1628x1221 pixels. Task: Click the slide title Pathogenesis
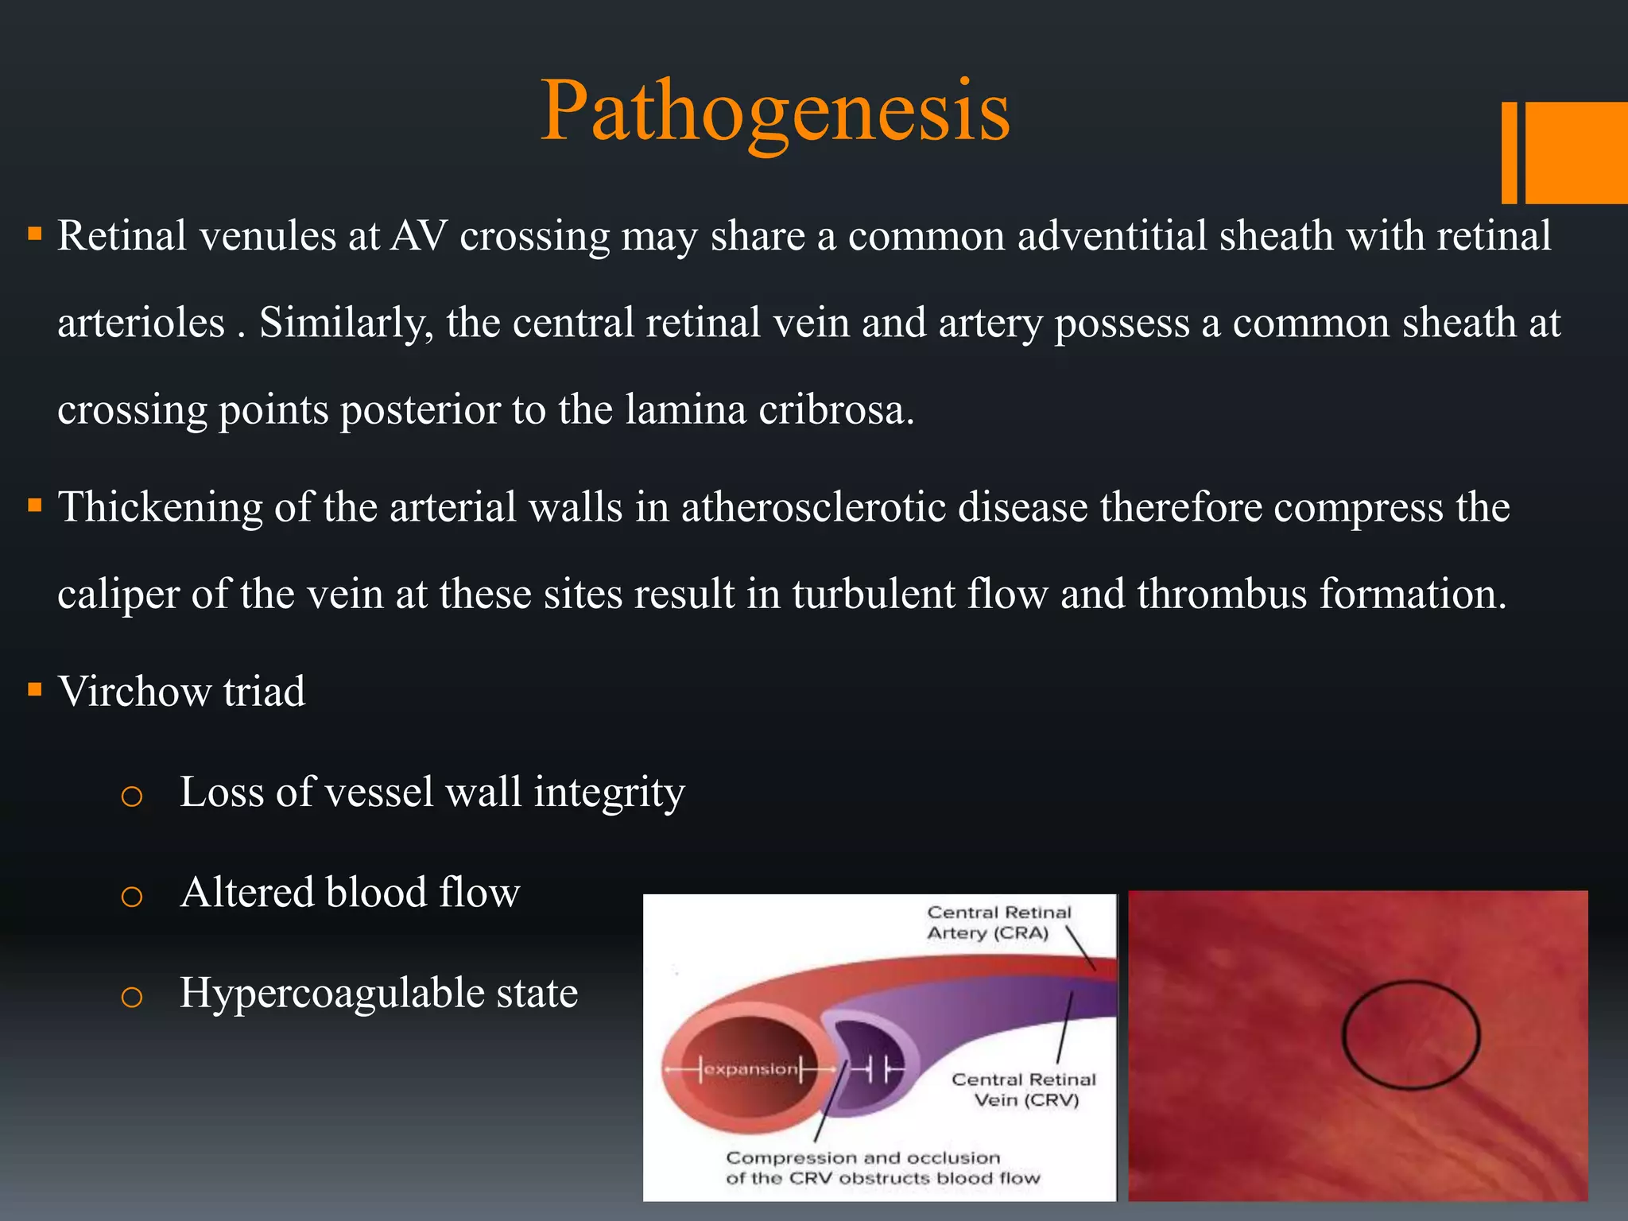[775, 111]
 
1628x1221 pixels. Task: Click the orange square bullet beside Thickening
[34, 506]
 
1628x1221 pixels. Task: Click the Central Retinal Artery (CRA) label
[998, 922]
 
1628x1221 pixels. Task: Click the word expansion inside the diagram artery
[750, 1069]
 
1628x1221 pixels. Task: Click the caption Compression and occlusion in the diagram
[863, 1158]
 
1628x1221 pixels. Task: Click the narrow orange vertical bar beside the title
[1509, 153]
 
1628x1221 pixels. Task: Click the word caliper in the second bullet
[118, 595]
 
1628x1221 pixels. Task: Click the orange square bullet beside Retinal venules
[34, 235]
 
